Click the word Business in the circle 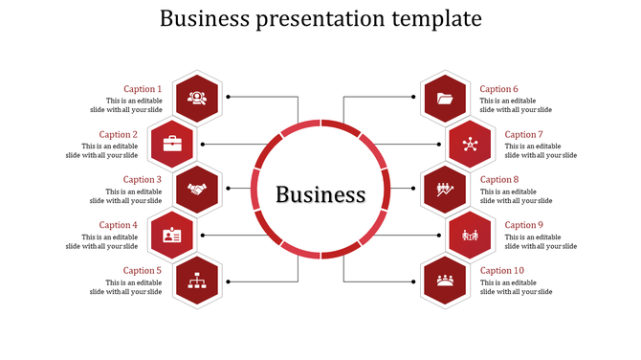[320, 194]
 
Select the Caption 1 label [143, 89]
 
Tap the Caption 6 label [498, 89]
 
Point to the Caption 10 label [501, 271]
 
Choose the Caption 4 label [119, 225]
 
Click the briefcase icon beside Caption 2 [172, 144]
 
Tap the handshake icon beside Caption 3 [197, 189]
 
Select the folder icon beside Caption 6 [444, 98]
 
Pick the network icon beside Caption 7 [469, 144]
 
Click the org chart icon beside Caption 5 [197, 281]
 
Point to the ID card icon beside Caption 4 [172, 235]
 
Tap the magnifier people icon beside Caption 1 [197, 98]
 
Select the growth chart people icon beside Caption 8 [444, 189]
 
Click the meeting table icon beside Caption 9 [469, 235]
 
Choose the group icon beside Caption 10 [444, 281]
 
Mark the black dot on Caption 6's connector [413, 98]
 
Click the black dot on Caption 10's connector [413, 281]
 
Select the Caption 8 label [498, 179]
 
